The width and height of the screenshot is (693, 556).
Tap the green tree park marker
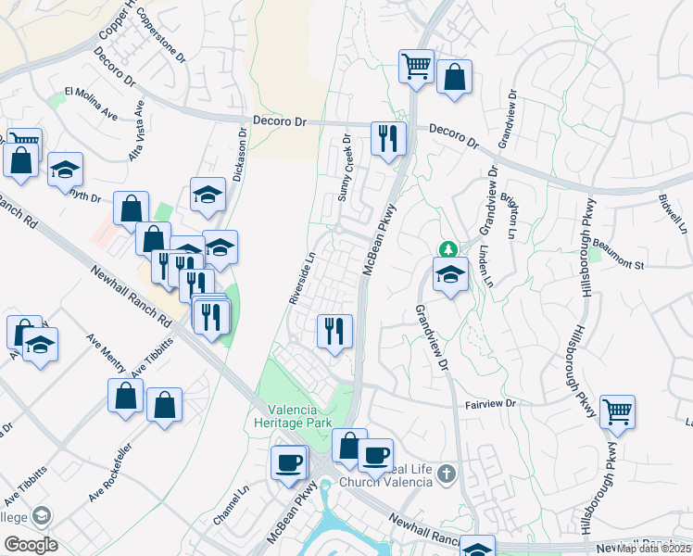pos(447,249)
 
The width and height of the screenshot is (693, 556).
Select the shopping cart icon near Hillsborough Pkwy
pos(617,410)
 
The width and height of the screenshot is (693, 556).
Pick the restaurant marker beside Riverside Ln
pos(334,330)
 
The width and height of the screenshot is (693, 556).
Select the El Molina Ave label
pos(91,104)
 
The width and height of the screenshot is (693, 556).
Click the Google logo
pos(30,544)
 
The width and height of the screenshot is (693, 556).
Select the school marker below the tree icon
pos(450,274)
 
